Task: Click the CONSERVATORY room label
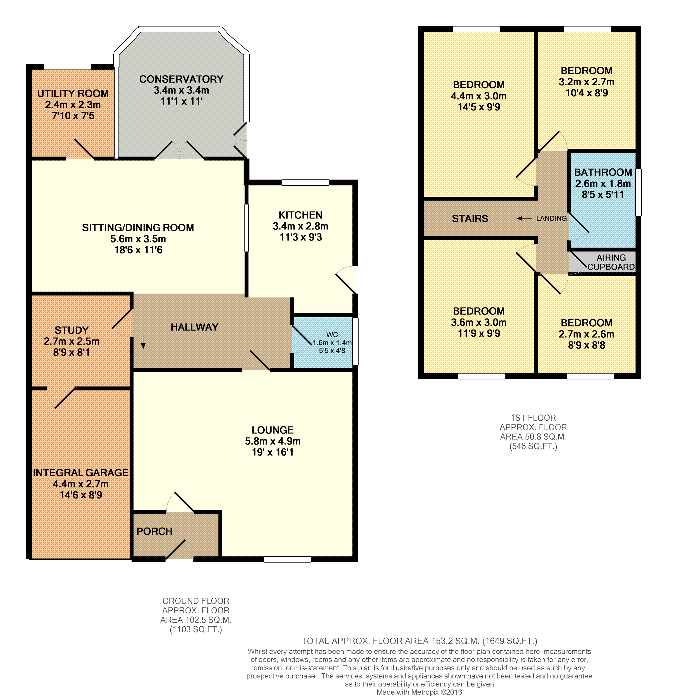(x=181, y=79)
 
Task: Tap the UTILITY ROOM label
(x=73, y=93)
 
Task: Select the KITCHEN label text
(x=300, y=215)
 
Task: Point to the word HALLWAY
(x=194, y=327)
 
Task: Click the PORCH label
(x=154, y=531)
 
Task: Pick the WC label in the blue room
(x=332, y=335)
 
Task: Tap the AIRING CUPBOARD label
(x=611, y=262)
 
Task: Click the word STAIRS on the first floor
(x=470, y=219)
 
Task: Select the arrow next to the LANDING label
(x=524, y=218)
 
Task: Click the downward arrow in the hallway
(x=143, y=341)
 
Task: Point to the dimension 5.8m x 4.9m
(x=272, y=441)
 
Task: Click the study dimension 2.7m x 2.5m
(x=71, y=341)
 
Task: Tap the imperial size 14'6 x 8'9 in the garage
(x=81, y=495)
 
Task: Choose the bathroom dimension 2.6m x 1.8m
(x=603, y=184)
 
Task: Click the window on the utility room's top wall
(x=67, y=67)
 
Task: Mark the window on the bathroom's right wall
(x=639, y=192)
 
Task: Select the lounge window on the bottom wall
(x=287, y=559)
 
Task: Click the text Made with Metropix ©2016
(x=419, y=692)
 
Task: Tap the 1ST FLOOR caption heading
(x=533, y=418)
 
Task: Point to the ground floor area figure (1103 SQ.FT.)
(x=196, y=629)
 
